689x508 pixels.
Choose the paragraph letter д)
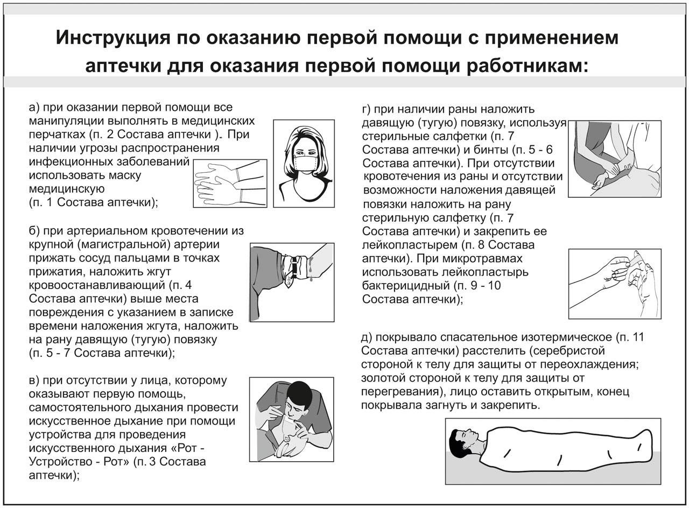[367, 338]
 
